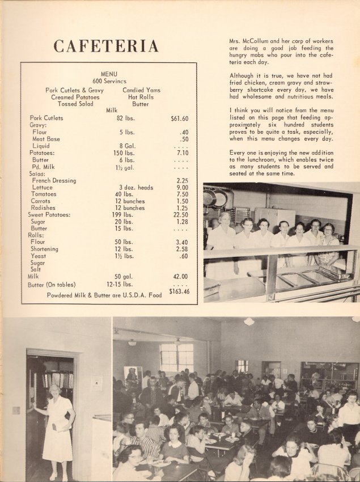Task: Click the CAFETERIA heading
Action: tap(106, 46)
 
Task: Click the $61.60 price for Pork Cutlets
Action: tap(179, 119)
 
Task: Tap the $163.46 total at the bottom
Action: tap(179, 292)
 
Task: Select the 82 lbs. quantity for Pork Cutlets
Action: tap(128, 118)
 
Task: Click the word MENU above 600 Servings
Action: tap(109, 74)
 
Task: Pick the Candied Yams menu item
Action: tap(141, 90)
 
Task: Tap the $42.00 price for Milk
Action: tap(181, 277)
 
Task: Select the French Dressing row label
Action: tap(54, 180)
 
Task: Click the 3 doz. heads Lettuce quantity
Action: tap(136, 187)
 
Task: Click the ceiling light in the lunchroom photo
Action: tap(249, 321)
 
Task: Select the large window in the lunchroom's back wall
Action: tap(176, 357)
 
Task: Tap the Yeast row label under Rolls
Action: tap(39, 256)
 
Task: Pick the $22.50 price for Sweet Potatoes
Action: tap(180, 215)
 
